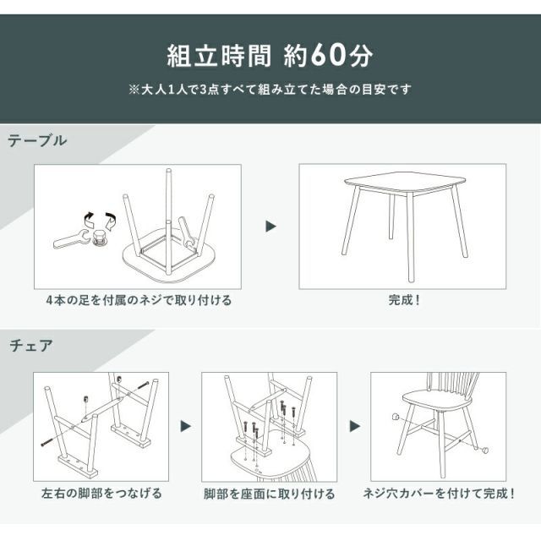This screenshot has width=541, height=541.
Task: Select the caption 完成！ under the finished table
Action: coord(403,300)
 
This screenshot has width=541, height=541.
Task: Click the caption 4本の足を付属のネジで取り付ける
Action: coord(139,300)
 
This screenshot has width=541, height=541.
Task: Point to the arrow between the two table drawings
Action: coord(270,227)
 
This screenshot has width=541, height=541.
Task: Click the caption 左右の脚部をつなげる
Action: coord(101,493)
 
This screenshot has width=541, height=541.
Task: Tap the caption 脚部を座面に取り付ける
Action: coord(270,493)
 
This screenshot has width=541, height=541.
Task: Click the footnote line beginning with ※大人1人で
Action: coord(270,88)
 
